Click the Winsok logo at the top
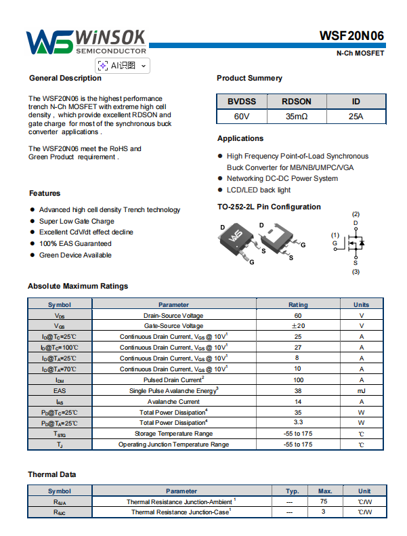(87, 41)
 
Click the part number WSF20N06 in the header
(352, 37)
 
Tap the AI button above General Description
(123, 65)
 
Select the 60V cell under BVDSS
(242, 117)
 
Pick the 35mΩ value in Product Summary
(297, 117)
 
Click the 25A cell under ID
(356, 117)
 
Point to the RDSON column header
(297, 102)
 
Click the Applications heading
(240, 138)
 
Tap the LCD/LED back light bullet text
(259, 190)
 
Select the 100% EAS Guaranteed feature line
(75, 243)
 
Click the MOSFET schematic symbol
(355, 243)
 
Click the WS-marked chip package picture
(235, 237)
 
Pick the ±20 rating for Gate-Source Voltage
(298, 326)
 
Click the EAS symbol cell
(60, 391)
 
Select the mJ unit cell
(361, 391)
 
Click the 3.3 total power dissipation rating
(298, 423)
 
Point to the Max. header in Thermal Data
(324, 491)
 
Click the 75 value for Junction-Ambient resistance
(324, 501)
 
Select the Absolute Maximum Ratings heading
(78, 286)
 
